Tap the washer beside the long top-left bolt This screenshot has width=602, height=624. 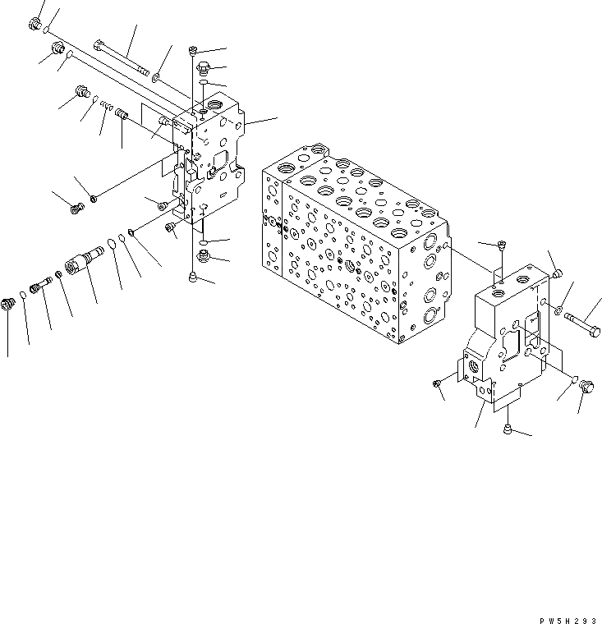[x=155, y=80]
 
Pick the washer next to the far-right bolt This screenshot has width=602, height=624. [x=558, y=311]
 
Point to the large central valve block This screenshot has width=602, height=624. [x=353, y=250]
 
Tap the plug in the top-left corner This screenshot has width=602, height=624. [x=36, y=25]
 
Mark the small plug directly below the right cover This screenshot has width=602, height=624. [x=507, y=428]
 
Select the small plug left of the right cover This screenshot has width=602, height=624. [x=438, y=381]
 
